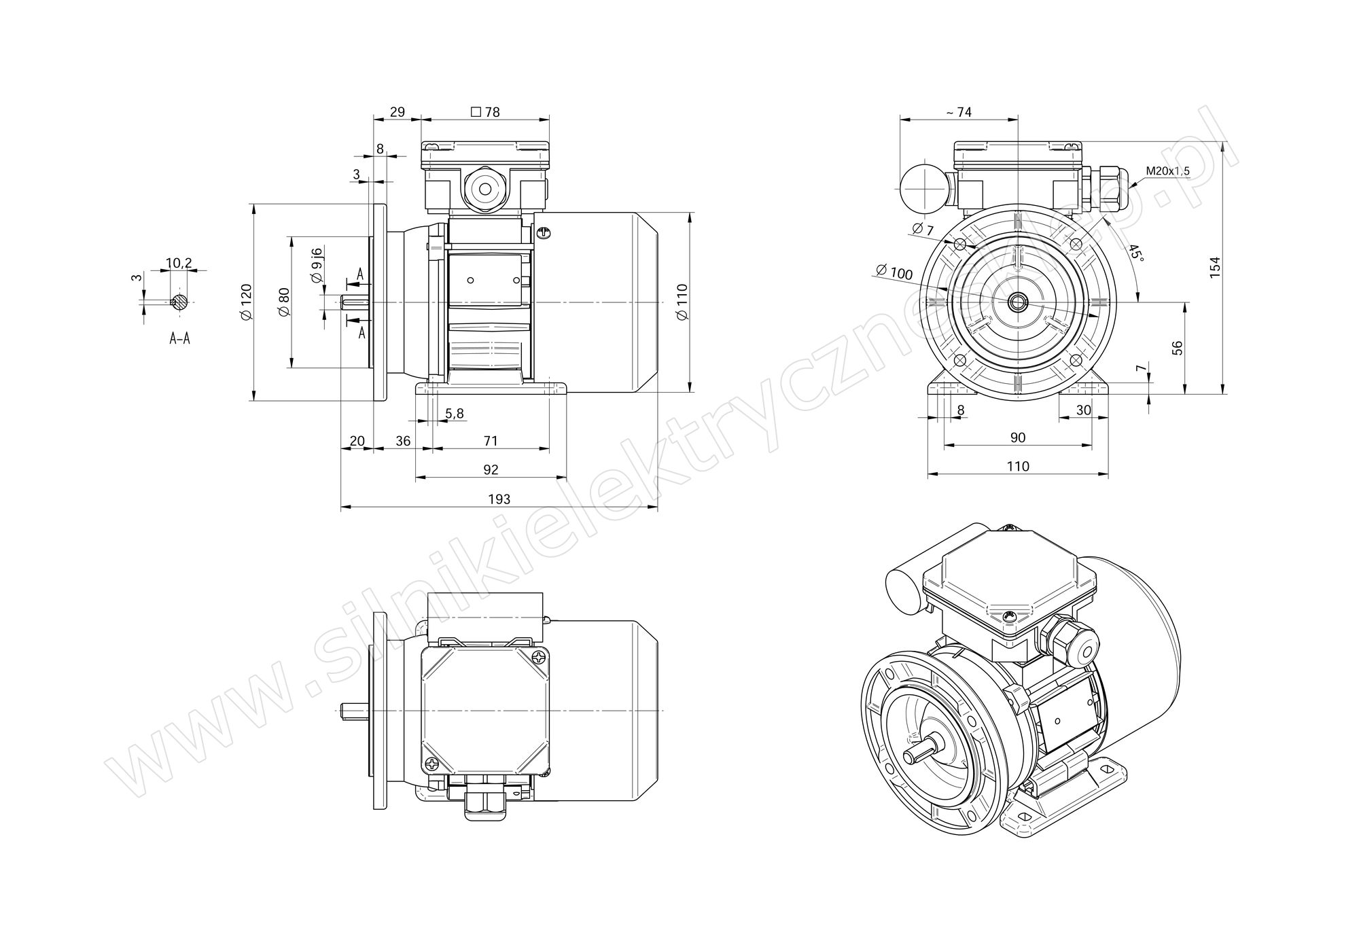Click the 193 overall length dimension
(x=499, y=499)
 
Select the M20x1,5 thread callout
(x=1167, y=171)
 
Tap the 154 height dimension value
(x=1216, y=266)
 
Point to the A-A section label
(x=179, y=338)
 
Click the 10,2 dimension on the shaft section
(x=179, y=263)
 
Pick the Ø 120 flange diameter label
(x=246, y=302)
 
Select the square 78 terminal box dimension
(x=485, y=112)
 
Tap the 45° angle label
(x=1134, y=255)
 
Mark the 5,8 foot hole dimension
(x=455, y=413)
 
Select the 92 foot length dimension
(x=491, y=469)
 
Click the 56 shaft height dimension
(x=1178, y=347)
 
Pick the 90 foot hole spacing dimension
(x=1017, y=438)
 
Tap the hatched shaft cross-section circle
(x=179, y=302)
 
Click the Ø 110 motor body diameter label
(x=683, y=302)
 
